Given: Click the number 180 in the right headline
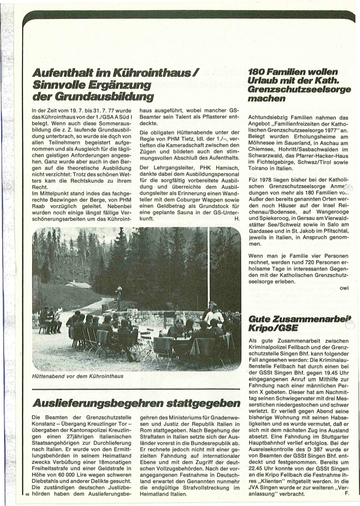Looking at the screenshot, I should (257, 73).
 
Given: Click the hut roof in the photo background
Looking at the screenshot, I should (78, 285).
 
